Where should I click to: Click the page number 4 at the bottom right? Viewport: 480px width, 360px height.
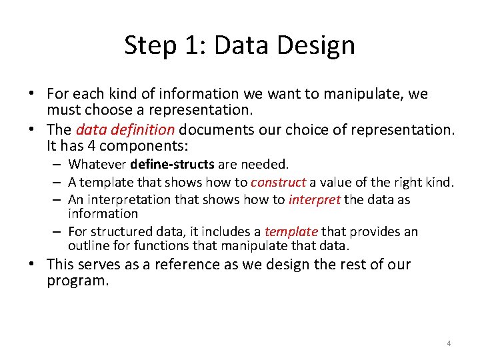449,343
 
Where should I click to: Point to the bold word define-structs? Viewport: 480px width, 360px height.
173,164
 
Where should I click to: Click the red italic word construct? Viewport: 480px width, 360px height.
278,182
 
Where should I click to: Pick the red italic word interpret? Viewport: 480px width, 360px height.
315,199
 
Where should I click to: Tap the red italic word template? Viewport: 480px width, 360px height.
291,231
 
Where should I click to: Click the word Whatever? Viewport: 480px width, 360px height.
98,164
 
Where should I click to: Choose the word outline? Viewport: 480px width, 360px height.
88,245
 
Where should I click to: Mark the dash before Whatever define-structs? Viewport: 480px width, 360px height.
59,164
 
